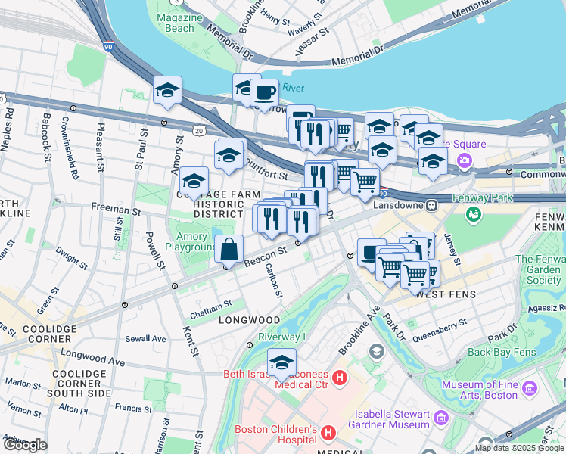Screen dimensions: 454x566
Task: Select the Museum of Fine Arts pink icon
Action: click(x=529, y=389)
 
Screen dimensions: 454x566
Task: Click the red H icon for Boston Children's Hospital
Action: click(x=328, y=433)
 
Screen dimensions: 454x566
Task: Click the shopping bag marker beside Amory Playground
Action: click(x=229, y=248)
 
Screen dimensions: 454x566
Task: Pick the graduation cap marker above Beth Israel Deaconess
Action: click(x=281, y=362)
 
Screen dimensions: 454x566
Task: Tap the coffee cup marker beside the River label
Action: click(x=264, y=93)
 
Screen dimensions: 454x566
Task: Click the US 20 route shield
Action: click(x=198, y=130)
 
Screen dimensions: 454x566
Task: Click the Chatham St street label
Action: click(x=211, y=305)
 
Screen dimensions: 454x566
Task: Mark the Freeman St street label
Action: click(x=111, y=206)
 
